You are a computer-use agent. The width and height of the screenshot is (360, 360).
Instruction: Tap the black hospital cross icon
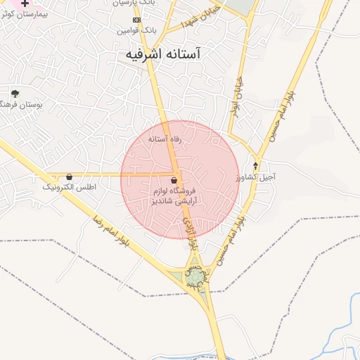click(x=25, y=3)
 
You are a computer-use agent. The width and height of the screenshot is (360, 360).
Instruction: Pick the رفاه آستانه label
click(x=165, y=139)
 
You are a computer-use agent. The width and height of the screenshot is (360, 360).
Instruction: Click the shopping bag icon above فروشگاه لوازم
click(x=174, y=181)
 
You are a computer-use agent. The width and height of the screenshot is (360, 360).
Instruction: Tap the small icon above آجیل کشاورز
click(x=255, y=166)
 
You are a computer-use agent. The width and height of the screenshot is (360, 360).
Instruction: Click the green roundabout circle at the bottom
click(x=195, y=278)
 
